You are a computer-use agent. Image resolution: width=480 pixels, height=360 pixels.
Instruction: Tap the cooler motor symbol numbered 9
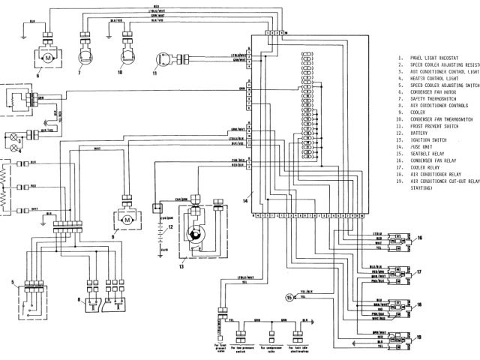[127, 220]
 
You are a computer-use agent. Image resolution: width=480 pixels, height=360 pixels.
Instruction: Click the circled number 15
[290, 298]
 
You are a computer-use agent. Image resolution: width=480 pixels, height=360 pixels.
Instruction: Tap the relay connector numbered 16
[404, 241]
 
